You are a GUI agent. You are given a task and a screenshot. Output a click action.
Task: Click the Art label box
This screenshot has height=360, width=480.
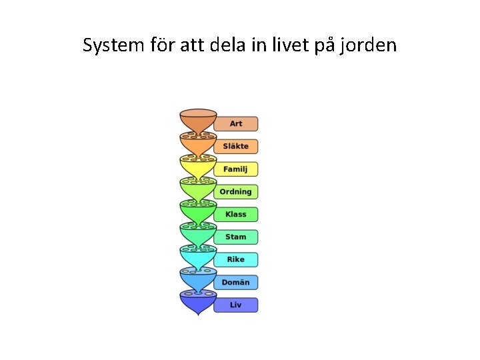235,124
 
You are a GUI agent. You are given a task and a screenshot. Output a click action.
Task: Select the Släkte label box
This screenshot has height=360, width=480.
235,147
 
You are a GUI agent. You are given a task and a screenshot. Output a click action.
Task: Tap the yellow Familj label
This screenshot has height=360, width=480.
235,169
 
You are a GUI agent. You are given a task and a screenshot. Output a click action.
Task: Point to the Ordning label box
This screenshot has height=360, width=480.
235,192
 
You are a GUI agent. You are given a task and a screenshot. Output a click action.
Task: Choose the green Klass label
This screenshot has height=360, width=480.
235,215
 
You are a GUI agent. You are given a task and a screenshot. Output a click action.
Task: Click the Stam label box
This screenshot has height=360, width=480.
235,237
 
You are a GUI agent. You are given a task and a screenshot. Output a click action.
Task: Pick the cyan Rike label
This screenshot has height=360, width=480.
235,260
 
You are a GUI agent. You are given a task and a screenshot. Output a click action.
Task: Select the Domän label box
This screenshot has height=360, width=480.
235,283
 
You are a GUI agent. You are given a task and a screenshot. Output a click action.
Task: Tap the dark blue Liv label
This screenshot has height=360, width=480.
235,305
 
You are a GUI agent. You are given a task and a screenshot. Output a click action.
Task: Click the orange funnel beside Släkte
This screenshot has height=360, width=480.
198,144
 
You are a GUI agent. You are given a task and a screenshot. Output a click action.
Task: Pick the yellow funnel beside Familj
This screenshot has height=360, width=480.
198,167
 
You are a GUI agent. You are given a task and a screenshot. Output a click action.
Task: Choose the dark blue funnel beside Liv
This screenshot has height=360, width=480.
198,304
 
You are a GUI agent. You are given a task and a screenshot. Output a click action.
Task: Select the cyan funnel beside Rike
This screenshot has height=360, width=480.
198,257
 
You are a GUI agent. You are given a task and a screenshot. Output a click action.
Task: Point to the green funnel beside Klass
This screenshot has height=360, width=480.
198,212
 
